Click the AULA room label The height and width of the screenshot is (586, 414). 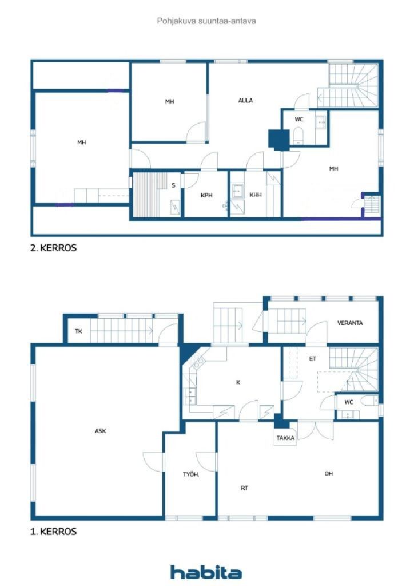click(x=245, y=101)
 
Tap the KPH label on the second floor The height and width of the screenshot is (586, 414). click(x=206, y=195)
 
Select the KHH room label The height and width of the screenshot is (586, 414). click(x=256, y=195)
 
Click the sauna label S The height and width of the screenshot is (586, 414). click(x=173, y=185)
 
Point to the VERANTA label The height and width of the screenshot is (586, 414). click(x=349, y=323)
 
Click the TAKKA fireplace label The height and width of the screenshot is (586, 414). click(x=285, y=438)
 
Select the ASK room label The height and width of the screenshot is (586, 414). click(x=101, y=431)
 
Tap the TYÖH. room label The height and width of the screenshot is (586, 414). click(x=190, y=474)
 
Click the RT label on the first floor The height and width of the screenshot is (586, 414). click(x=244, y=488)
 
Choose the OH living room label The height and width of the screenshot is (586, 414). click(x=328, y=473)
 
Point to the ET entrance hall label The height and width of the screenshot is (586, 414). click(x=312, y=359)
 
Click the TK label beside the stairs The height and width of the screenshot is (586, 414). click(x=78, y=331)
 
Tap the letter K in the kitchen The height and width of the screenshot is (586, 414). click(x=238, y=382)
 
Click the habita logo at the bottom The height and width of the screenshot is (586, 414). click(x=206, y=572)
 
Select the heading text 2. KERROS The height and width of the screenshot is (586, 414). click(x=53, y=248)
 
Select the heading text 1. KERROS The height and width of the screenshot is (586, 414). click(x=53, y=532)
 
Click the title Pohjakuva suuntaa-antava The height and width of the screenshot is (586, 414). click(x=206, y=21)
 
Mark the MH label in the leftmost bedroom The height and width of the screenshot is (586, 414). click(x=82, y=142)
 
